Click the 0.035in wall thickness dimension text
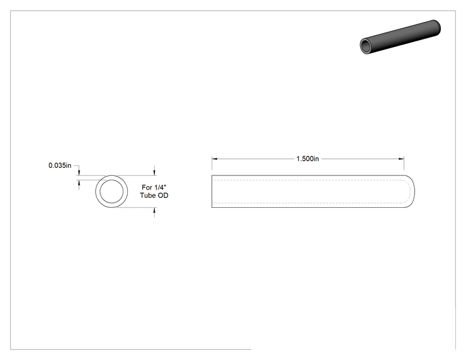[60, 165]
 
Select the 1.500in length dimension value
[308, 159]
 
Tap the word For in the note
[147, 187]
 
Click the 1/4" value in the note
[160, 187]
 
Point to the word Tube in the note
[148, 195]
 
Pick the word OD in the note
[163, 195]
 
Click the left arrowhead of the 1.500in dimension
[215, 159]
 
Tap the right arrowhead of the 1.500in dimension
[401, 159]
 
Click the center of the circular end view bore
[111, 192]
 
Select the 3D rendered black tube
[400, 37]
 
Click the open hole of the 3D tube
[365, 46]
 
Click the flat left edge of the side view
[212, 192]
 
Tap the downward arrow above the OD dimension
[154, 172]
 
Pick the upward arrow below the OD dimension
[154, 210]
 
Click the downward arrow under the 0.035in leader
[79, 172]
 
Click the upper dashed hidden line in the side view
[308, 180]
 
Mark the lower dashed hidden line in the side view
[308, 203]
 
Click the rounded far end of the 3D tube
[437, 28]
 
